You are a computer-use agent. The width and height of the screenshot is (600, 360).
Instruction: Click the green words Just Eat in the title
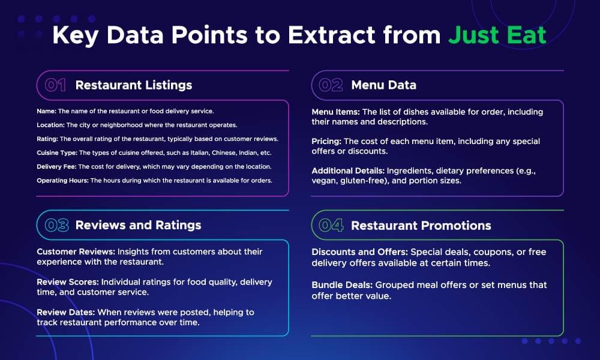point(497,35)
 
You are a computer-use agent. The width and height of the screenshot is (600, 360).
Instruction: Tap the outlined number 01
point(55,85)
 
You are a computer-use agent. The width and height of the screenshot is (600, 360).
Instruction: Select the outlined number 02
point(331,85)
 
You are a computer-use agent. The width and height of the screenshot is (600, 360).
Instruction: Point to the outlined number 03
point(56,225)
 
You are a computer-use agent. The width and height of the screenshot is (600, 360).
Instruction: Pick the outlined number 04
point(331,225)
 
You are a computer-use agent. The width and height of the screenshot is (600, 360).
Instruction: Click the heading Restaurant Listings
point(134,85)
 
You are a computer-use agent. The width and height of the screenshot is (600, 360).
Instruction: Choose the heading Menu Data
point(383,85)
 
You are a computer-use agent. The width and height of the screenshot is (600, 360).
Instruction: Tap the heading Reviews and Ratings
point(138,225)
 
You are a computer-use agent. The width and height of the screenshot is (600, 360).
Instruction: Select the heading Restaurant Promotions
point(421,225)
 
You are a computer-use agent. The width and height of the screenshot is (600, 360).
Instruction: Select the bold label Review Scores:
point(68,282)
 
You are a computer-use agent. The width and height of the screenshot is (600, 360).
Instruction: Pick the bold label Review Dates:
point(65,312)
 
